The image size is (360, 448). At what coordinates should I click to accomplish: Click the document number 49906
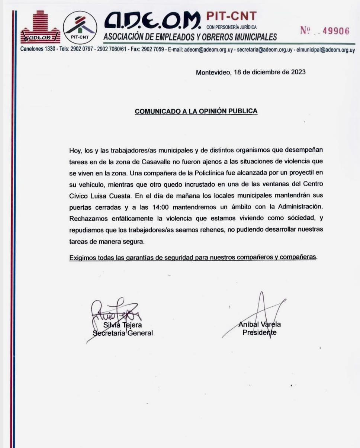tap(336, 31)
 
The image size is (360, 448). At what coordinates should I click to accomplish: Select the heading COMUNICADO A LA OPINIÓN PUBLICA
tap(196, 111)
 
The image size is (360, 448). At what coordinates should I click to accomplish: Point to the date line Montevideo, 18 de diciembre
tap(251, 72)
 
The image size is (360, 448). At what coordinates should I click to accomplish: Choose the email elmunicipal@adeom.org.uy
tap(326, 50)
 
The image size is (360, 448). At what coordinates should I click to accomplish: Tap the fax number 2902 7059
tap(152, 50)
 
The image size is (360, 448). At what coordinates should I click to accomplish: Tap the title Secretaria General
tap(123, 333)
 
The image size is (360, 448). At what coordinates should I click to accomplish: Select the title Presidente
tap(259, 332)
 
